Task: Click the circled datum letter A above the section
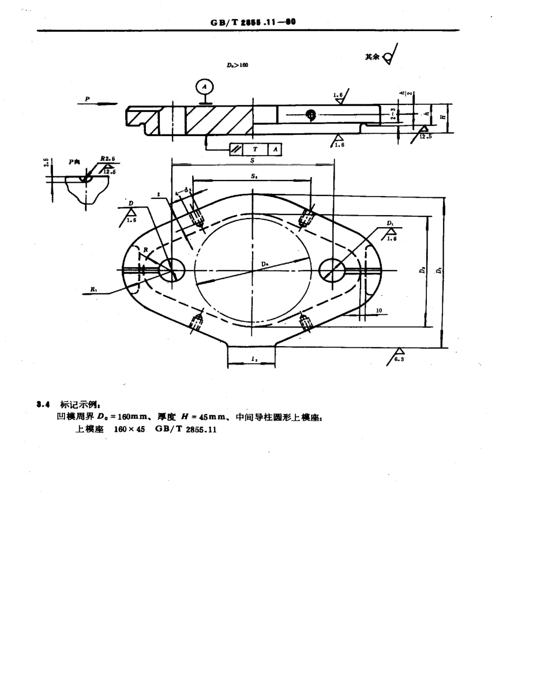pos(203,87)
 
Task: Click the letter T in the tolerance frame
pos(254,149)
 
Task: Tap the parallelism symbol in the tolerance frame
pos(237,149)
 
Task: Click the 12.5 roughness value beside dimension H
pos(426,137)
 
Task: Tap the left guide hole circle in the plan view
pos(171,270)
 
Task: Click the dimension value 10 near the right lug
pos(378,311)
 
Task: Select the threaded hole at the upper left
pos(197,216)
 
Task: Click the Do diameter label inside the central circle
pos(265,264)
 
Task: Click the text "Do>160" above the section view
pos(237,66)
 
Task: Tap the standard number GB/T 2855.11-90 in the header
pos(253,22)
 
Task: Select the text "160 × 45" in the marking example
pos(129,429)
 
